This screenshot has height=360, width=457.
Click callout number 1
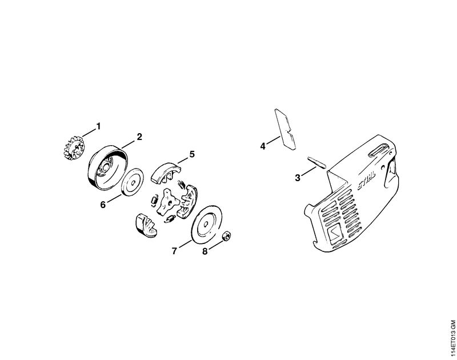[98, 126]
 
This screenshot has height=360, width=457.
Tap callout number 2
[139, 137]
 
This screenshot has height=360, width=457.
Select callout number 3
[298, 178]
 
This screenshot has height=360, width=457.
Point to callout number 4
[263, 146]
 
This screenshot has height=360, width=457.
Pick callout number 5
[192, 154]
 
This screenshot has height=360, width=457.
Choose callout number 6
[103, 205]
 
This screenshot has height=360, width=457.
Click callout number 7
[174, 251]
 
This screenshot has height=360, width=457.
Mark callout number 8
[205, 251]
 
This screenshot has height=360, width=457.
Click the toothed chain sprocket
[73, 148]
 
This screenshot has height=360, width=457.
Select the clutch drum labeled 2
[107, 169]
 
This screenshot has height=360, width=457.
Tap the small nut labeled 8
[226, 236]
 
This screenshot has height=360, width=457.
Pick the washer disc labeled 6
[133, 183]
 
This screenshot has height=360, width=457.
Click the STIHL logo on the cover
[367, 181]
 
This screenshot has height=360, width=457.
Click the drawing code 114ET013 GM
[452, 339]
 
